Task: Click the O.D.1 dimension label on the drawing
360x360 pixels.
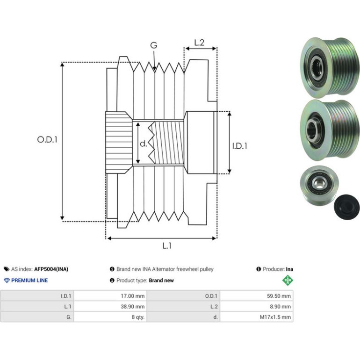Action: [47, 140]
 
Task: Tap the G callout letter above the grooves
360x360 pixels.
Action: [154, 45]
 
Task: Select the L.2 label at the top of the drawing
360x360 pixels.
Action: [199, 43]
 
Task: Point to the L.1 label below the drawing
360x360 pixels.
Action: [167, 246]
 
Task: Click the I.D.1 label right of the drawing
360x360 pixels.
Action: [240, 146]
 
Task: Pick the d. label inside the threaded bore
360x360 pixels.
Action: [143, 144]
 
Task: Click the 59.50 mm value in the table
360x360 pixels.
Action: [279, 296]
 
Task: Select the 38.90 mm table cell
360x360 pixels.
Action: [133, 307]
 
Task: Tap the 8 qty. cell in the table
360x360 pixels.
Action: [138, 317]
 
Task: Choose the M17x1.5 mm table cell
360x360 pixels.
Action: [275, 317]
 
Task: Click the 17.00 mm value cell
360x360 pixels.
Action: [133, 296]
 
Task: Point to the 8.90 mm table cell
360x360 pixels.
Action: [280, 307]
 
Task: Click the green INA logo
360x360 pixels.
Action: [288, 281]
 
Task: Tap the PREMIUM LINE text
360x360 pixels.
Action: [29, 281]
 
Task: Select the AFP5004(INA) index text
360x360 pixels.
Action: [51, 269]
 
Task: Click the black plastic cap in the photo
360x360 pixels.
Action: [346, 207]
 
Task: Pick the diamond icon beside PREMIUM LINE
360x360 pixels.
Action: [7, 281]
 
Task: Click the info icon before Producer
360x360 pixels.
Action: [259, 269]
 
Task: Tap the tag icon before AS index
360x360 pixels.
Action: [7, 269]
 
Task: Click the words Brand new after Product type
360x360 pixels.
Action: [161, 281]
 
